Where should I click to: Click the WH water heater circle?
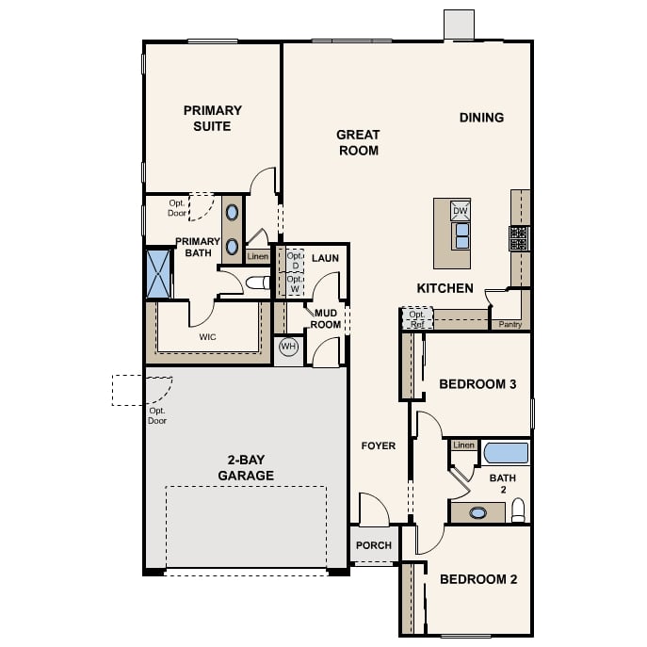pyautogui.click(x=288, y=347)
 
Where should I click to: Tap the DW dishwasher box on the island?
pyautogui.click(x=461, y=211)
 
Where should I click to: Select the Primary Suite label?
pyautogui.click(x=213, y=118)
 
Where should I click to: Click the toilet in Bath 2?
pyautogui.click(x=518, y=510)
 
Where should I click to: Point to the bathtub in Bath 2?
pyautogui.click(x=506, y=453)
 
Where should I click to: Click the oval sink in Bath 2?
pyautogui.click(x=477, y=513)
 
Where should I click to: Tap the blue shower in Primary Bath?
pyautogui.click(x=158, y=273)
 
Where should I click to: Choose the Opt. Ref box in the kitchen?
pyautogui.click(x=417, y=318)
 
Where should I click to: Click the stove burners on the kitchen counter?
pyautogui.click(x=519, y=238)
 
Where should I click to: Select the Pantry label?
pyautogui.click(x=510, y=324)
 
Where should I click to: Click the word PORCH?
pyautogui.click(x=374, y=545)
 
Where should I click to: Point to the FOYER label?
pyautogui.click(x=379, y=445)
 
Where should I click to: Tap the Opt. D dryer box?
pyautogui.click(x=295, y=260)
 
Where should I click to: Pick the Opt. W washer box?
pyautogui.click(x=295, y=283)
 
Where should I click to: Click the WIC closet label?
pyautogui.click(x=207, y=337)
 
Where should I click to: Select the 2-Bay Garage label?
pyautogui.click(x=246, y=467)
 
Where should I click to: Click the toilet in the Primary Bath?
pyautogui.click(x=257, y=283)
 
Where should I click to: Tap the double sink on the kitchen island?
pyautogui.click(x=461, y=236)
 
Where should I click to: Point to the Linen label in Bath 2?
pyautogui.click(x=463, y=445)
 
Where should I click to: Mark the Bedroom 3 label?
pyautogui.click(x=477, y=384)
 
